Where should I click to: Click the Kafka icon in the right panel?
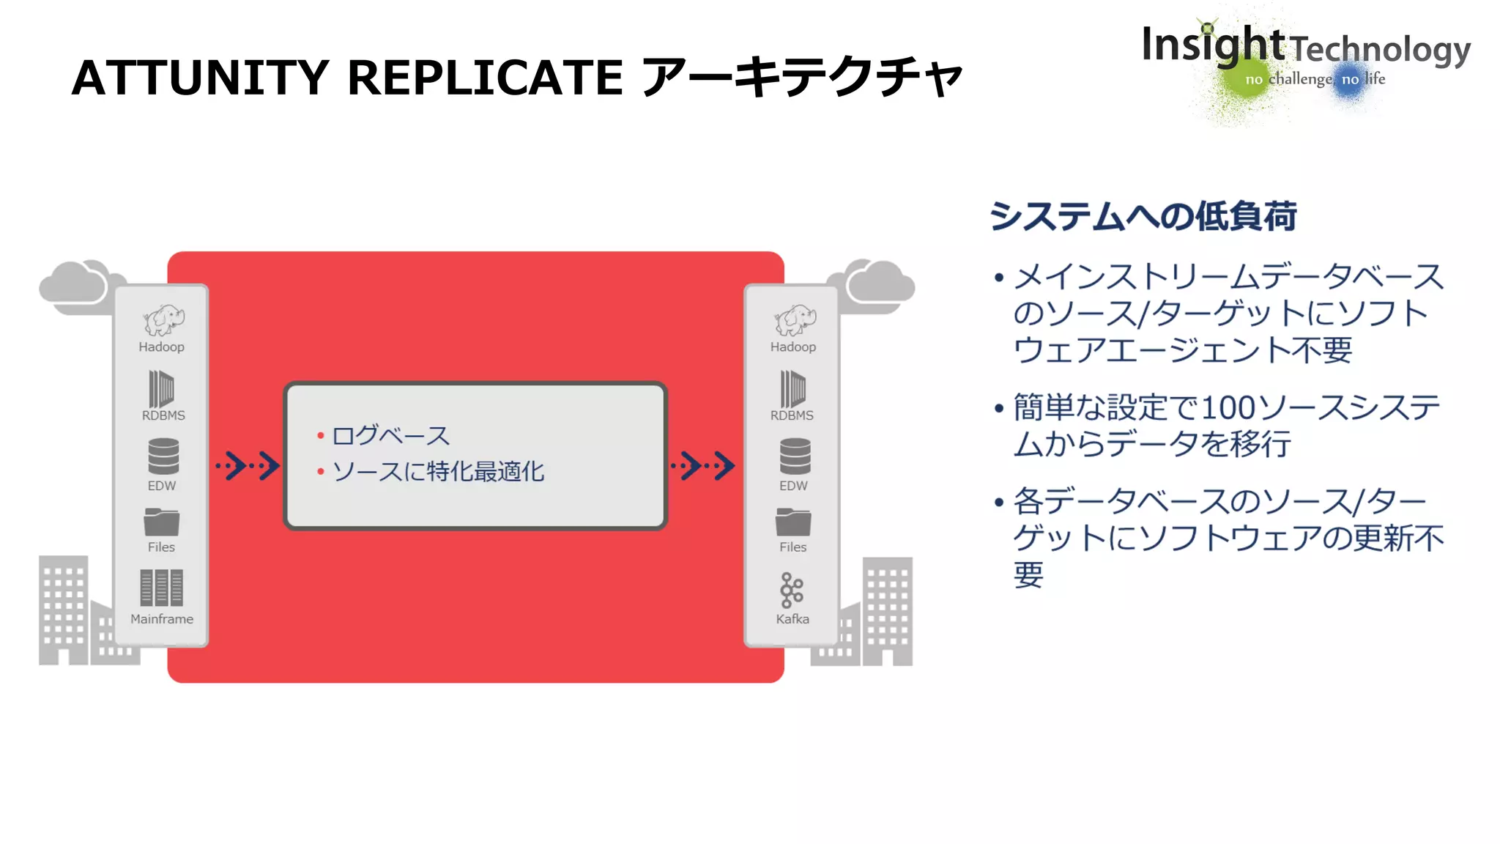pos(792,590)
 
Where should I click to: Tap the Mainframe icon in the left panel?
pos(161,588)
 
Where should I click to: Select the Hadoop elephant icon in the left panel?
pos(163,320)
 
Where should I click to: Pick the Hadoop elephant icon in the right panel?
pos(795,320)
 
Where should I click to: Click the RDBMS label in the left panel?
pos(163,415)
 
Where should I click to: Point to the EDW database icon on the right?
pos(795,456)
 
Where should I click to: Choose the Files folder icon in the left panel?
pos(162,522)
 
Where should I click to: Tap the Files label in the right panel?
pos(792,547)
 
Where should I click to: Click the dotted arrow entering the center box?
pos(248,465)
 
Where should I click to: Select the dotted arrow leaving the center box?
pos(703,465)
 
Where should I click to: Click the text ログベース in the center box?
pos(390,435)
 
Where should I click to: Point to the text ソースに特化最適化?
pos(438,471)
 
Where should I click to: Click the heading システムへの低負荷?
pos(1143,216)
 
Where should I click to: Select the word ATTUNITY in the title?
pos(200,77)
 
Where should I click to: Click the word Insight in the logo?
pos(1212,45)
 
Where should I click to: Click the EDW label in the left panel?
pos(162,486)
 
